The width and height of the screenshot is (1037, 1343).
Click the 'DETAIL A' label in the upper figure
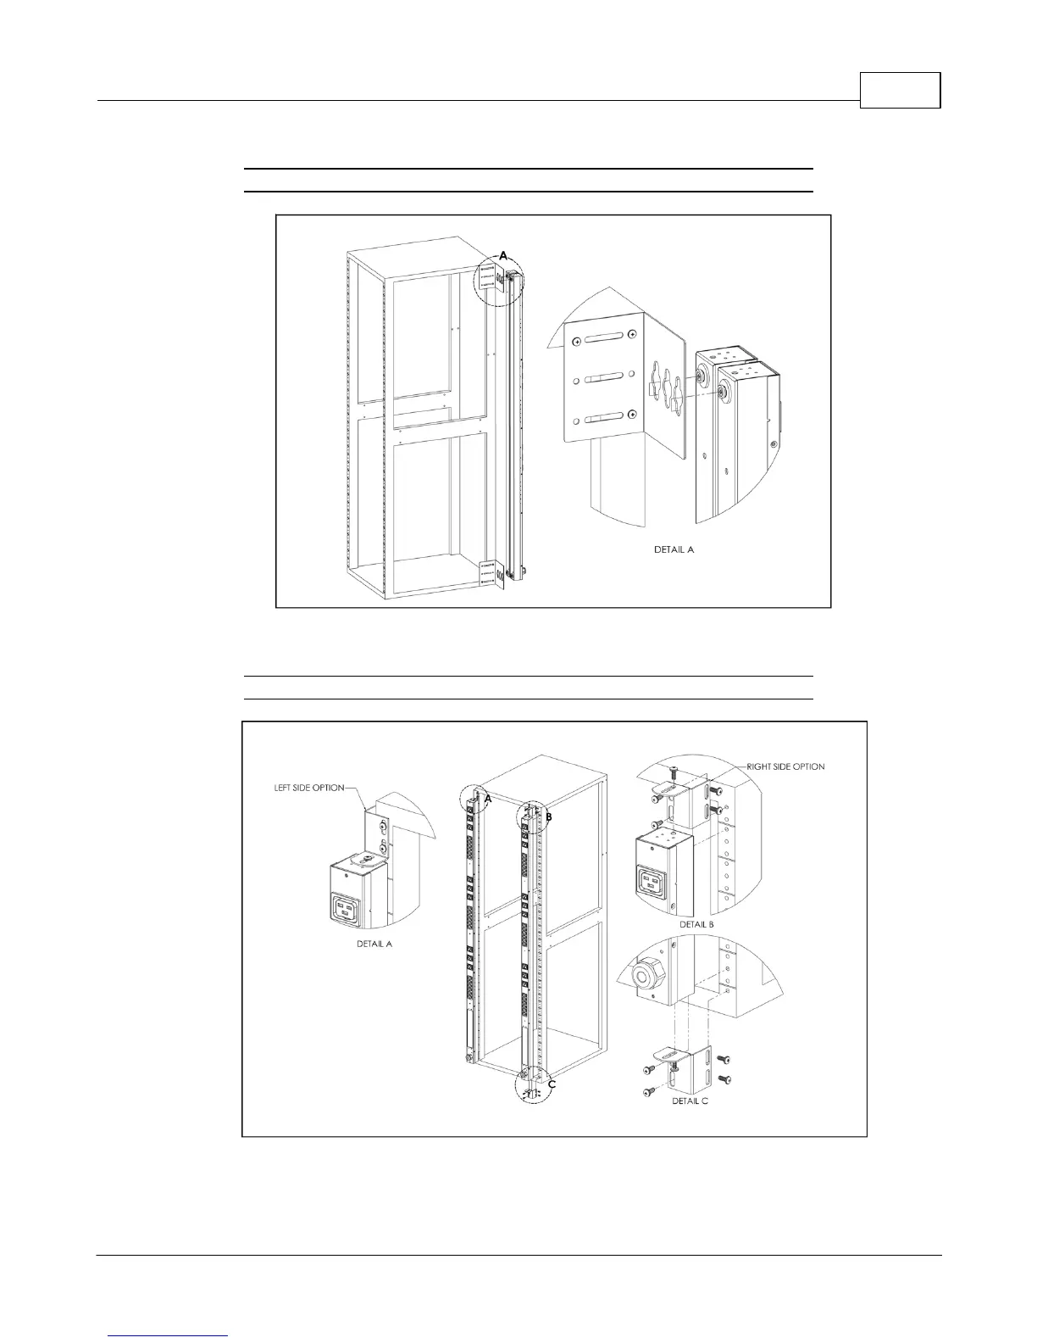click(674, 549)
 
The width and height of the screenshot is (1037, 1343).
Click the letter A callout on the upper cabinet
click(503, 254)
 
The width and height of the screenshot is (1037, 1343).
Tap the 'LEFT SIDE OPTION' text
click(309, 788)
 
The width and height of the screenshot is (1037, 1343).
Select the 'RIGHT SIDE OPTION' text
click(785, 766)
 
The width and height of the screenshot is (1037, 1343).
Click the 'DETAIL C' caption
click(690, 1101)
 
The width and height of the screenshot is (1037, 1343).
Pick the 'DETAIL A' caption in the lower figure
click(361, 943)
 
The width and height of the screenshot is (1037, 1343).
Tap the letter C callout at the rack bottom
click(552, 1083)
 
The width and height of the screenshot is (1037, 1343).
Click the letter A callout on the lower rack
click(487, 798)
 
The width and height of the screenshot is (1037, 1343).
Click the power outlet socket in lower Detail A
click(349, 911)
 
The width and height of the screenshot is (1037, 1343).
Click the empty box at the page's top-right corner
click(900, 91)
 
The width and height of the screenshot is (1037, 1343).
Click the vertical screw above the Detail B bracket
click(670, 771)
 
